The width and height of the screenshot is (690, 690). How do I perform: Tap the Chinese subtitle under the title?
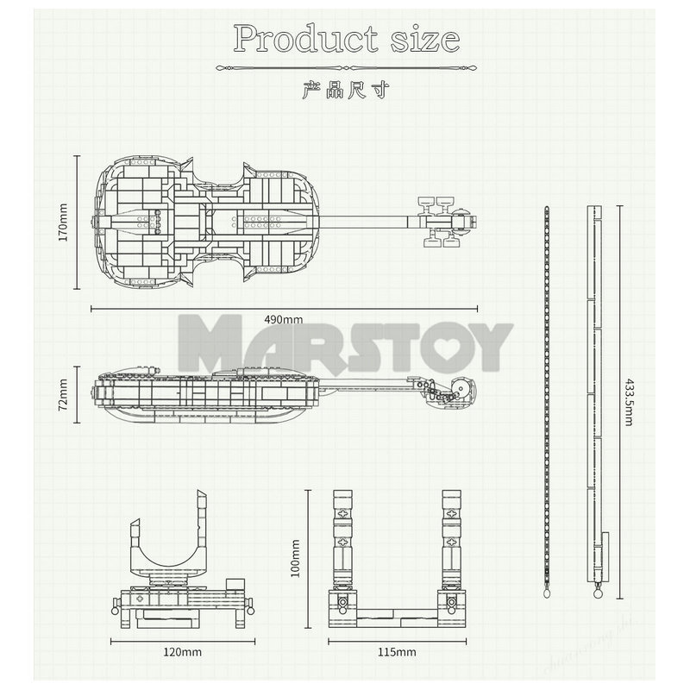(345, 91)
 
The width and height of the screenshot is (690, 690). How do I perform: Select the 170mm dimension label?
(62, 221)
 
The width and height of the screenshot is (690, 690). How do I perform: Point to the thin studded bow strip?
(548, 397)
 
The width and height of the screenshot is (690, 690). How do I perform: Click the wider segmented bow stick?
(595, 397)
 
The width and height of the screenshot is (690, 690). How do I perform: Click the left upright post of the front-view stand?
(343, 539)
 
